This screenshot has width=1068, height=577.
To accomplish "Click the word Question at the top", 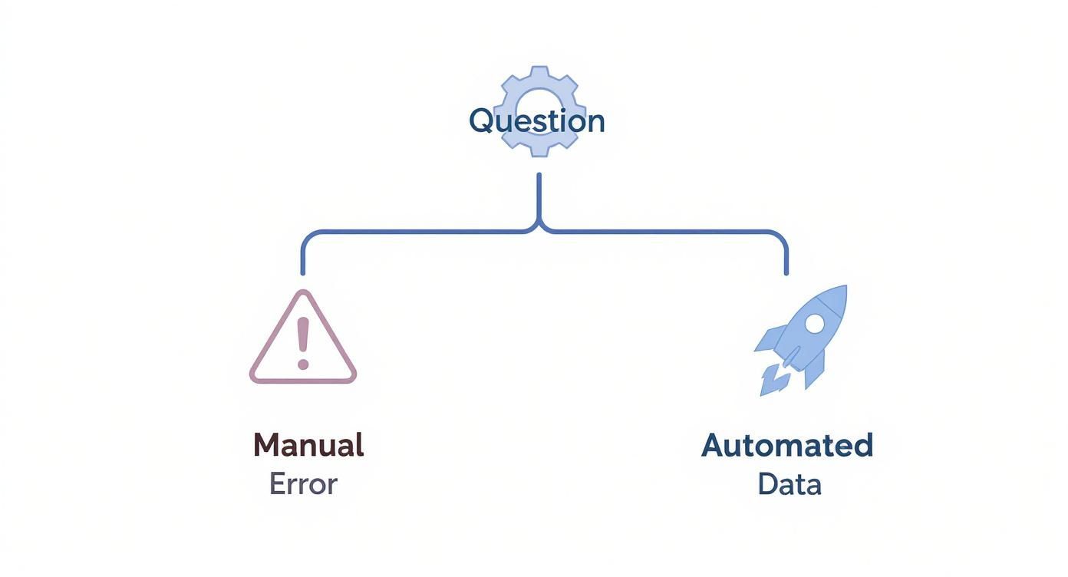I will [x=536, y=121].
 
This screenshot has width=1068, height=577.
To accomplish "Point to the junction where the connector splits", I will [x=539, y=229].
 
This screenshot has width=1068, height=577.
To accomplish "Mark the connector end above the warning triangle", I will [x=303, y=271].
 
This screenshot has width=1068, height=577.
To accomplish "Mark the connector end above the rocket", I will [x=786, y=271].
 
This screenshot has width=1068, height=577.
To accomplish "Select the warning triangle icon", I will [x=303, y=341].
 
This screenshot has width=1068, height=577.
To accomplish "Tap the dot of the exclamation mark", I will [x=303, y=364].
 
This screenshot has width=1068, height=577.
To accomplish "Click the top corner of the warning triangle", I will [x=304, y=294].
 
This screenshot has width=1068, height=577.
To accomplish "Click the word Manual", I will [x=308, y=445].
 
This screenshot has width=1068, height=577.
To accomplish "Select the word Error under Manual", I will [x=303, y=484].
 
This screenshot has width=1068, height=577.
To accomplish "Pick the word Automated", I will [x=787, y=445].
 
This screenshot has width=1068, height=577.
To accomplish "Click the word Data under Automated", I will [x=789, y=484].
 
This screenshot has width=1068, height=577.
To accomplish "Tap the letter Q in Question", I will [x=481, y=121].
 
